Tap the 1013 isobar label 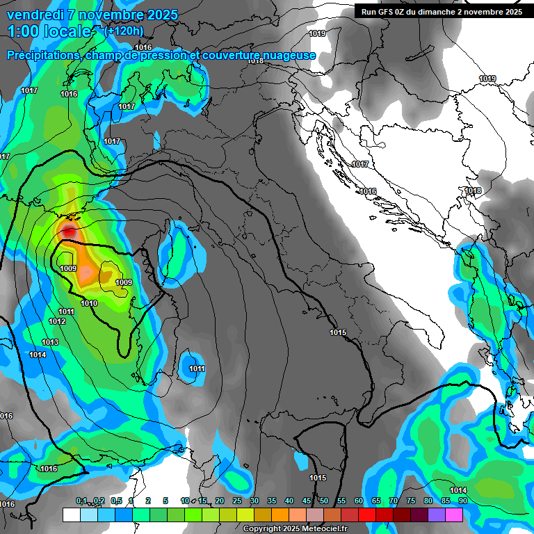pyautogui.click(x=50, y=343)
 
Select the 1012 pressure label pyautogui.click(x=57, y=321)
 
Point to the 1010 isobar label pyautogui.click(x=89, y=304)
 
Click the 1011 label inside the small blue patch pyautogui.click(x=197, y=369)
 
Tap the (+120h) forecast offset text pyautogui.click(x=124, y=31)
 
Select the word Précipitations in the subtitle pyautogui.click(x=42, y=56)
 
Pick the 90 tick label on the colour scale pyautogui.click(x=462, y=501)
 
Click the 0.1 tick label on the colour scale pyautogui.click(x=81, y=501)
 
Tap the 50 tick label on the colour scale pyautogui.click(x=324, y=501)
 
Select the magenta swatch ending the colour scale pyautogui.click(x=454, y=515)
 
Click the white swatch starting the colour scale pyautogui.click(x=71, y=515)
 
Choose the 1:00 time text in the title pyautogui.click(x=22, y=31)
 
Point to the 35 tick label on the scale pyautogui.click(x=272, y=501)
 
